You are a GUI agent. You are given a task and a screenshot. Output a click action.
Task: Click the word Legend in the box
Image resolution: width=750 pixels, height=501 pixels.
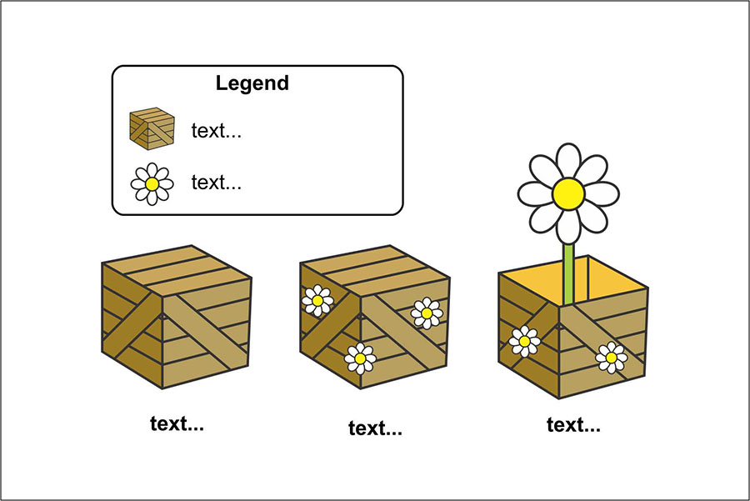(x=252, y=83)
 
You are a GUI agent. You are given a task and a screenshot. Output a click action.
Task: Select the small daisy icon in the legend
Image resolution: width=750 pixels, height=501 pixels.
(x=152, y=183)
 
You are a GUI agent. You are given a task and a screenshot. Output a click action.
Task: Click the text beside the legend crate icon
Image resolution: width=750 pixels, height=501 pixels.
(x=216, y=131)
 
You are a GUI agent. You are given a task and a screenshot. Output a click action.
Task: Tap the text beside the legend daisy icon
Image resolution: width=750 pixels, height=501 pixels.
(x=216, y=182)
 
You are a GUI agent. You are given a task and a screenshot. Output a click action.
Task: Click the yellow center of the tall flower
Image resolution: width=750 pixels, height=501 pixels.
(x=568, y=193)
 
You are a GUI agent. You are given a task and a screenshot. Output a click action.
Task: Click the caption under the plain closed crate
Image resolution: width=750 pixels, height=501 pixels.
(x=177, y=423)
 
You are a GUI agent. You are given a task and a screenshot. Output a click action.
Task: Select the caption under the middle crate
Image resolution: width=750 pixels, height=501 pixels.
(x=375, y=429)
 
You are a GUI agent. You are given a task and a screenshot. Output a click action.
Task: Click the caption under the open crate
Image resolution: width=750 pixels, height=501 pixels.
(x=573, y=425)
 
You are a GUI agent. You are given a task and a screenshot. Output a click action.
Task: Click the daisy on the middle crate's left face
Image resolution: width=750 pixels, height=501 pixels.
(x=317, y=300)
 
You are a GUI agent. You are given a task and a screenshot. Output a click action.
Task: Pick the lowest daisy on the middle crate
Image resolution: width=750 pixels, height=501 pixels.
(x=360, y=358)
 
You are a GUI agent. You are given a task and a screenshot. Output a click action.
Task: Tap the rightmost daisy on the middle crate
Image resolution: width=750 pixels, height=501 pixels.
(x=427, y=313)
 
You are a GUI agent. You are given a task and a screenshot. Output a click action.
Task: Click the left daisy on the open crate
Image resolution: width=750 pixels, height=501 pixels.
(x=525, y=341)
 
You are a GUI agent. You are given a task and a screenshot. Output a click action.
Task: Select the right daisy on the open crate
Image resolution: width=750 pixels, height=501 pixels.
(x=611, y=357)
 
